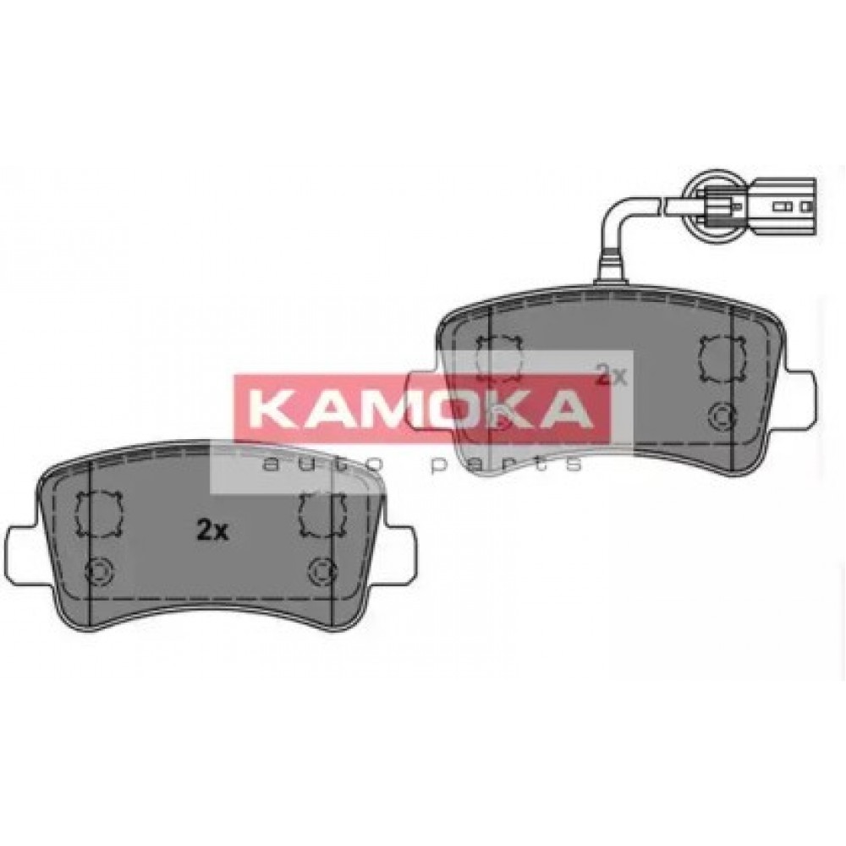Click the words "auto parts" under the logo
click(421, 464)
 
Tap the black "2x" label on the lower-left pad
click(212, 531)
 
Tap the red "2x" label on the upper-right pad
click(611, 375)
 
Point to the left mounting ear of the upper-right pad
click(426, 399)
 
